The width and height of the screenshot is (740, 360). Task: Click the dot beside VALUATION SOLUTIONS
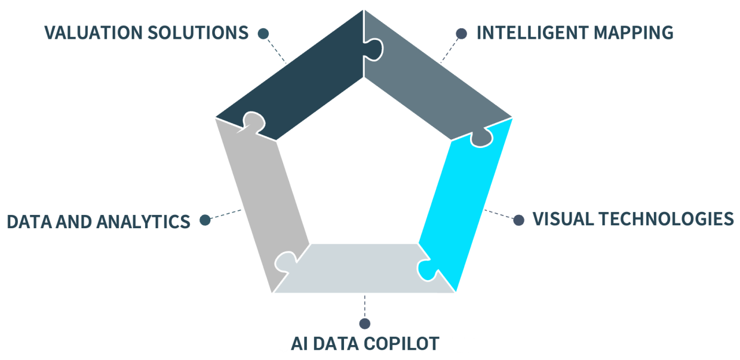tap(264, 34)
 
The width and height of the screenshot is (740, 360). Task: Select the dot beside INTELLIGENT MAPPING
tap(461, 34)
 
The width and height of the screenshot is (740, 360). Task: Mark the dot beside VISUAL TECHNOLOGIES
tap(519, 220)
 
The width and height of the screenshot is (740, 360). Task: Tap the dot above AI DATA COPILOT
tap(364, 324)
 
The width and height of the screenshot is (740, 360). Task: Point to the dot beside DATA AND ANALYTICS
tap(205, 220)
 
